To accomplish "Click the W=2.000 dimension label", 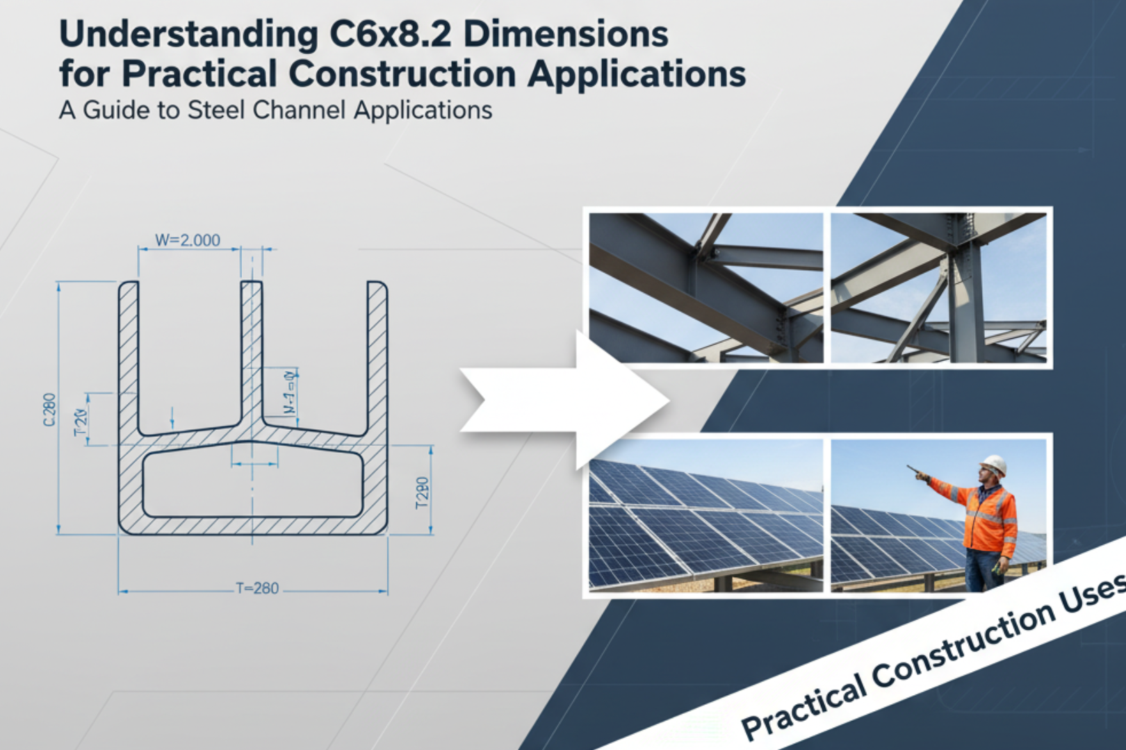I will click(x=187, y=240).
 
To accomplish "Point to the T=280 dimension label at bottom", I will click(x=257, y=588).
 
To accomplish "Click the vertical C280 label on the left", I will click(x=49, y=410).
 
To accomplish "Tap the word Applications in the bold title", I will click(x=637, y=74).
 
